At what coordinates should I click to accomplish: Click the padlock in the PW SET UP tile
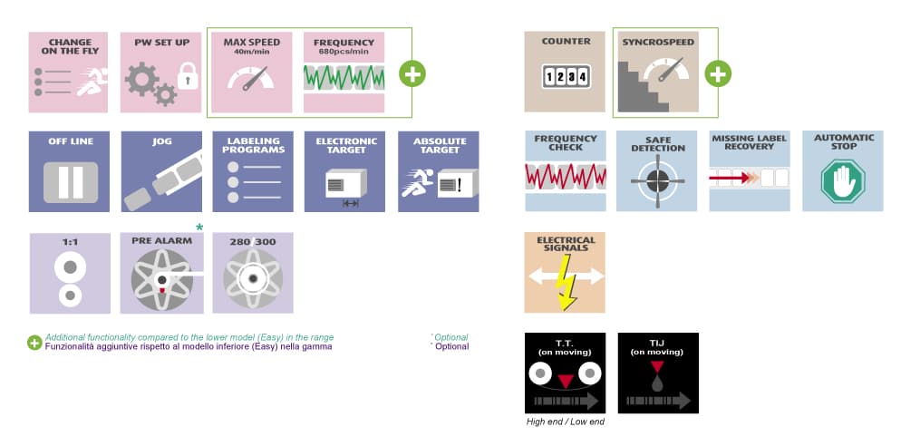tap(188, 76)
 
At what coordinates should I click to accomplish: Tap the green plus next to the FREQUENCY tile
tap(412, 74)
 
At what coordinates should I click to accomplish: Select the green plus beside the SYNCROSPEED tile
tap(718, 74)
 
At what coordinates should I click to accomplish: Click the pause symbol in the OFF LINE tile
tap(71, 182)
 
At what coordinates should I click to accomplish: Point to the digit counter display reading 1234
tap(567, 77)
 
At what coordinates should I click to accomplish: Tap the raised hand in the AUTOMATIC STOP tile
tap(843, 180)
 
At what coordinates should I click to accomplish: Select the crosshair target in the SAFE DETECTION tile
tap(657, 180)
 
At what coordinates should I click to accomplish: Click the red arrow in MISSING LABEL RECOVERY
tap(730, 178)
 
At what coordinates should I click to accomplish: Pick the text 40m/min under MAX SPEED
tap(252, 51)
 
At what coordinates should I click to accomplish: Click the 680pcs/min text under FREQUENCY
tap(344, 51)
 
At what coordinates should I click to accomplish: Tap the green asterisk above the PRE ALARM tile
tap(199, 228)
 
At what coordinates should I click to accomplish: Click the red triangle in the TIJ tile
tap(657, 367)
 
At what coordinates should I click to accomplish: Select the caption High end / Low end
tap(565, 422)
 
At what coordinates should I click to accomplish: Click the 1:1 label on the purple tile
tap(70, 241)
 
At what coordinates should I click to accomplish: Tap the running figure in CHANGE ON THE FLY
tap(92, 81)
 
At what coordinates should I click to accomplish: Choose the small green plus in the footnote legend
tap(34, 343)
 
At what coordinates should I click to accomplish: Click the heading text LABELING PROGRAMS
tap(254, 146)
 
